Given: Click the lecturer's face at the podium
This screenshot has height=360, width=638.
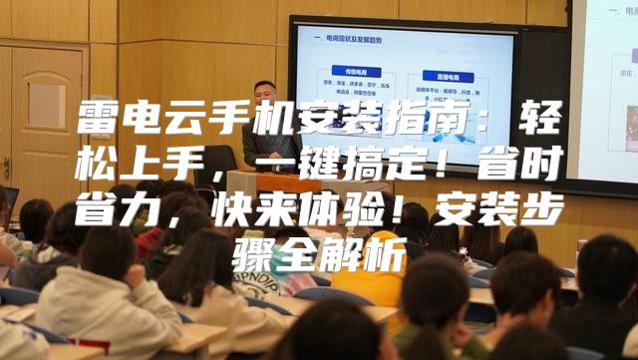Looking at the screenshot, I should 262,96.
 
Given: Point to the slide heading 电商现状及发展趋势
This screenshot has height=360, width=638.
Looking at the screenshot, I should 354,39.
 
